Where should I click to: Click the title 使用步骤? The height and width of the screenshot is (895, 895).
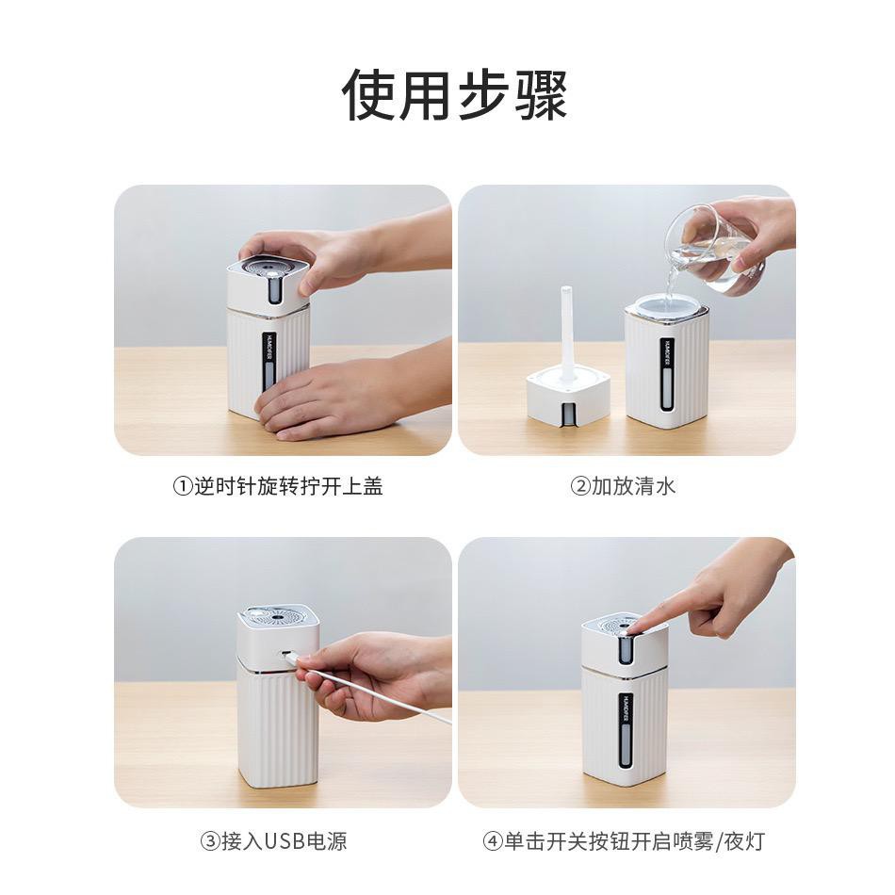coord(454,95)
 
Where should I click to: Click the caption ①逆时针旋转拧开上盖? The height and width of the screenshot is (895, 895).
coord(278,486)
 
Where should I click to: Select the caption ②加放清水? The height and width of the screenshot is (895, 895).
coord(623,486)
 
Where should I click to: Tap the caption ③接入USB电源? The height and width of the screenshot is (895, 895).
coord(273,841)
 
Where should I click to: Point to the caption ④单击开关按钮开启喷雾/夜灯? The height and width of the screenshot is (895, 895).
coord(624,841)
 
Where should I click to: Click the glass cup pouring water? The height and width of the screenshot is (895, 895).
coord(714,252)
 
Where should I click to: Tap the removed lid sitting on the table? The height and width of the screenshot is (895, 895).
coord(568,398)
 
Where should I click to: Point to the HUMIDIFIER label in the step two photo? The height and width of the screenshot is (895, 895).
coord(667,355)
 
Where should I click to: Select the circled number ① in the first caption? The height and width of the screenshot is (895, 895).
coord(182,487)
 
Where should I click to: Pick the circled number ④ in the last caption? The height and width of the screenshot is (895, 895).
coord(492,842)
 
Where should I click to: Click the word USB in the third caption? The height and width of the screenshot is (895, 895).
coord(286,841)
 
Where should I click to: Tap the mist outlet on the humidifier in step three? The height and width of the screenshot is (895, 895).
coord(277,618)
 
